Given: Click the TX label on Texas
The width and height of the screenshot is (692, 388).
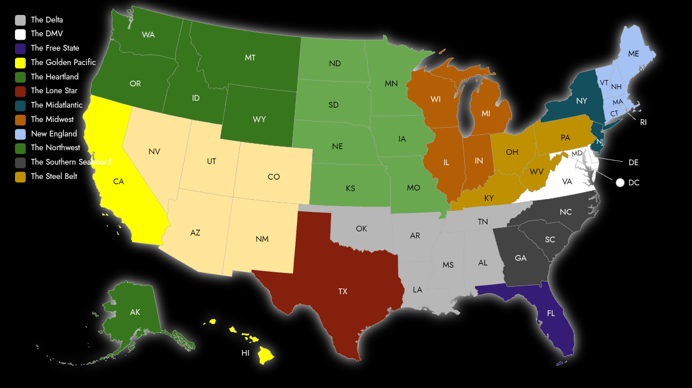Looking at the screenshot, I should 343,291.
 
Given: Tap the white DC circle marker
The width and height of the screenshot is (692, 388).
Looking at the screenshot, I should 620,182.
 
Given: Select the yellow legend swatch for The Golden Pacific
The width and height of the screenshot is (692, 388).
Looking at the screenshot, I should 21,62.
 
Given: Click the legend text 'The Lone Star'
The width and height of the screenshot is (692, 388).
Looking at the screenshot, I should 54,90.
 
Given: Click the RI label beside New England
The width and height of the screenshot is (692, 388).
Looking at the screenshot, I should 644,122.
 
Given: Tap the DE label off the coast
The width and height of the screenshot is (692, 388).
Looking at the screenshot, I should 633,163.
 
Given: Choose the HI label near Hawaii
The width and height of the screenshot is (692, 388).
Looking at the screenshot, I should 246,353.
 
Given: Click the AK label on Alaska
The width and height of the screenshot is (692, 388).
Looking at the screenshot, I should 135,312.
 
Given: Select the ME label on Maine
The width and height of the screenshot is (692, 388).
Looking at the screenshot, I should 634,54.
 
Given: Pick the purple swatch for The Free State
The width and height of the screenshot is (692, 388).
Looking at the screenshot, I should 21,48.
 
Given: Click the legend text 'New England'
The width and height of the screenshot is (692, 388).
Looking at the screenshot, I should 54,134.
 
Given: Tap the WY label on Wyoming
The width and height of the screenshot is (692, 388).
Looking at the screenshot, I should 259,119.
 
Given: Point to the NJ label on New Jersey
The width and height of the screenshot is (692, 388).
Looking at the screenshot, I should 600,142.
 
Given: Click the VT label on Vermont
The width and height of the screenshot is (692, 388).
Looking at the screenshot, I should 604,83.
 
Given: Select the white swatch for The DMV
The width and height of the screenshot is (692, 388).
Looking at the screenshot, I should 21,34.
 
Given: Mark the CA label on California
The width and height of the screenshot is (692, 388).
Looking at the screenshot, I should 119,181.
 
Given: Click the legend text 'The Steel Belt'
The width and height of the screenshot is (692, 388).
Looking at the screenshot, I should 54,176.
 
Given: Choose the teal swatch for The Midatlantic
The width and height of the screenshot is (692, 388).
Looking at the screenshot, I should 21,105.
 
